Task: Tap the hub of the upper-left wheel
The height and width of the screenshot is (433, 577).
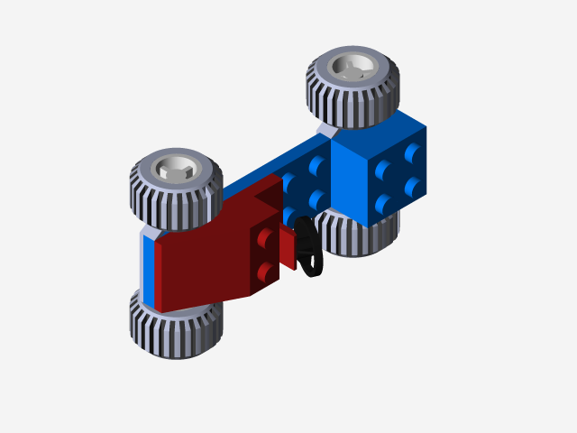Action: tap(175, 168)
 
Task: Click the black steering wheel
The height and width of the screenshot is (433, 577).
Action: tap(307, 247)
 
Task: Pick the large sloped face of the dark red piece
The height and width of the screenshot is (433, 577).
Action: tap(203, 262)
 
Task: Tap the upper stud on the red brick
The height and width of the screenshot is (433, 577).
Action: tap(265, 238)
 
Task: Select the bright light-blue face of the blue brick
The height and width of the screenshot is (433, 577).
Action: tap(353, 180)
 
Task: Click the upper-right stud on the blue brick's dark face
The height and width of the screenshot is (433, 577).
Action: tap(414, 152)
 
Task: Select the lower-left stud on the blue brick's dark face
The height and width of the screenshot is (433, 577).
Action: tap(384, 203)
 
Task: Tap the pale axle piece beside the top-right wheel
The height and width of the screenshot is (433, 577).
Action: tap(326, 133)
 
